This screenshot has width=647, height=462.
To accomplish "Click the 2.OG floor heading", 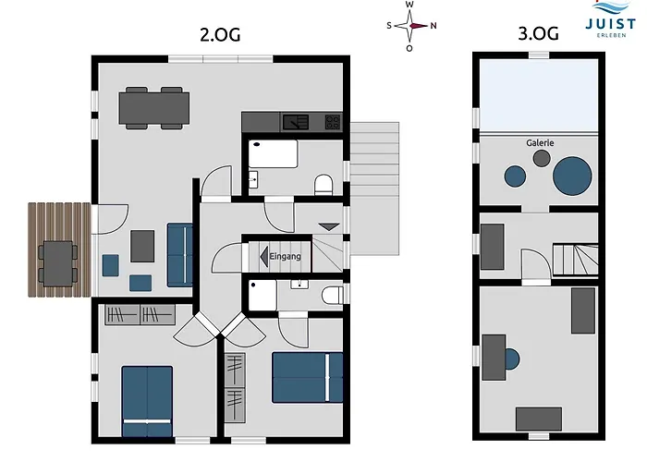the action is click(220, 35).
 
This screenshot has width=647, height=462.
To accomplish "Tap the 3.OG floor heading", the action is click(539, 33).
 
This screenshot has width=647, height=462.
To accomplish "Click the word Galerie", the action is click(540, 142).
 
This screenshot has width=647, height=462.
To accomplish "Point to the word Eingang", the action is click(285, 256).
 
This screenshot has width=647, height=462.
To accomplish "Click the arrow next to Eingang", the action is click(264, 256).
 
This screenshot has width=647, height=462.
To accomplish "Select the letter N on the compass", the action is click(433, 26).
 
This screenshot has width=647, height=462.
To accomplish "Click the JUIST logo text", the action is click(611, 24).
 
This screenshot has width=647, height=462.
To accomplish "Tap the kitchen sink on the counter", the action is click(296, 122).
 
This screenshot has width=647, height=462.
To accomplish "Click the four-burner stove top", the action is click(333, 122).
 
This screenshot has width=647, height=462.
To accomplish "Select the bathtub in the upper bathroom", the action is click(273, 154).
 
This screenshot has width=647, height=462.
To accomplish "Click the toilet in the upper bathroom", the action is click(323, 185).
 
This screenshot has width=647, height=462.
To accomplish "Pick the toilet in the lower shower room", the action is click(332, 296).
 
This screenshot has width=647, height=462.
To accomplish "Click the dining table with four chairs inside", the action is click(154, 108).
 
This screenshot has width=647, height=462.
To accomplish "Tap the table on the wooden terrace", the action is click(58, 263).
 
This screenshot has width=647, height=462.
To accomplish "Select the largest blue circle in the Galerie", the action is click(572, 176).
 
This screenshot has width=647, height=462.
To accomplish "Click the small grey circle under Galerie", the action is click(542, 158).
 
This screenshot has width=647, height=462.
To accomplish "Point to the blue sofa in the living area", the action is click(180, 255).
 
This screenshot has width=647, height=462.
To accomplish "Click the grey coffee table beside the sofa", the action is click(142, 247).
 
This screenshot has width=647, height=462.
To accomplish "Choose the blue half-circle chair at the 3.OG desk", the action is click(512, 359).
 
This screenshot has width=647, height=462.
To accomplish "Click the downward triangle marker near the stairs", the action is click(329, 227).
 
